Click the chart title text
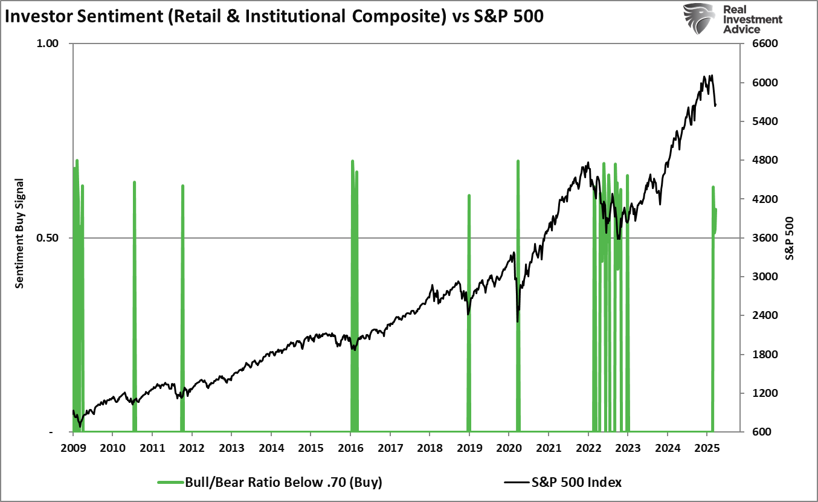pos(273,16)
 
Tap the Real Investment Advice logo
pos(733,19)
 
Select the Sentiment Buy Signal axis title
pos(19,233)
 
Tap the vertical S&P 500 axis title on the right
pos(789,237)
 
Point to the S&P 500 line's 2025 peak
pos(712,76)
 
